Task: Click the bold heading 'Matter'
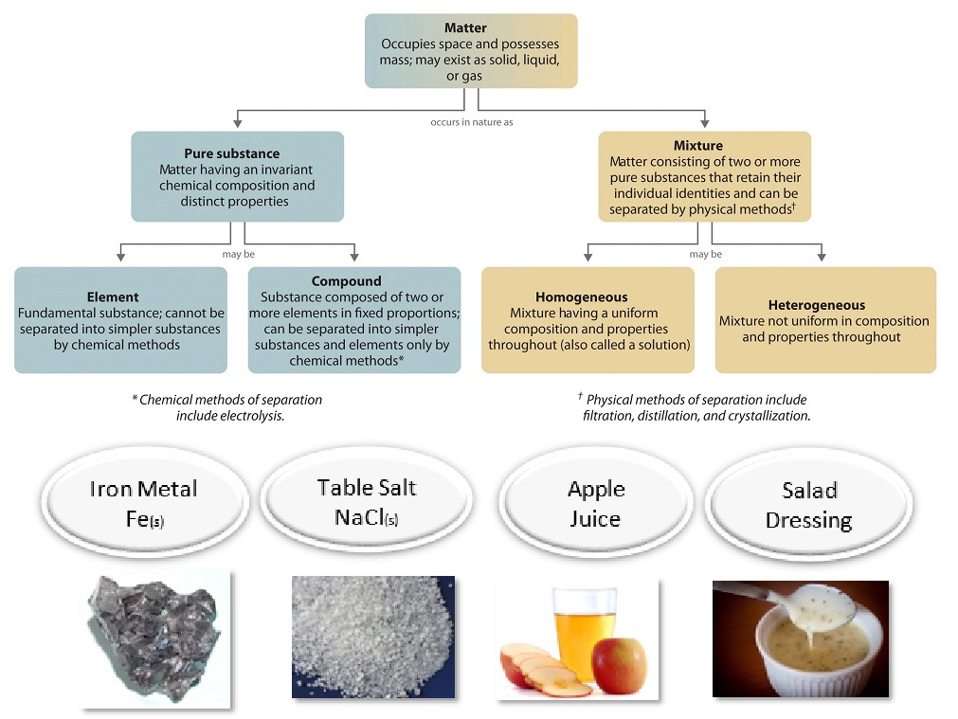coord(465,28)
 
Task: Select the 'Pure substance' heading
coord(232,153)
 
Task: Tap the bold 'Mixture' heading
coord(698,145)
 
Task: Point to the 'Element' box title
coord(113,297)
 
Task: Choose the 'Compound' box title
coord(347,281)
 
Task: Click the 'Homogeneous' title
coord(582,297)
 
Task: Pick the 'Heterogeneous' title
coord(817,305)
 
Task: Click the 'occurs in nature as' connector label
coord(472,122)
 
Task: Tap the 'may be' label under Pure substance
coord(238,254)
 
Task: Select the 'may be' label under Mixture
coord(706,254)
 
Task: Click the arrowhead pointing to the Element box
coord(121,257)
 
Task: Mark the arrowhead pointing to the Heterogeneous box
coord(822,257)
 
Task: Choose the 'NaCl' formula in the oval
coord(367,517)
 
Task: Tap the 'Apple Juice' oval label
coord(596,503)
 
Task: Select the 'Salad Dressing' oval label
coord(809,505)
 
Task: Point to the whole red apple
coord(620,666)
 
